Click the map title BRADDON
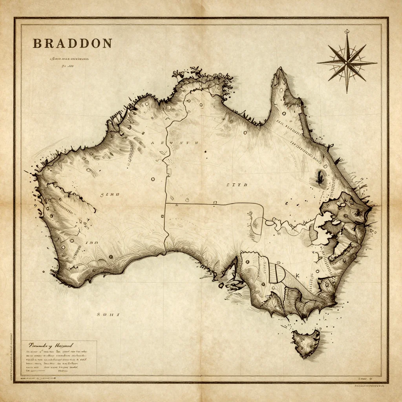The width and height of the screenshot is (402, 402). tap(72, 43)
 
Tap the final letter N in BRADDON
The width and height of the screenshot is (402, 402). tap(107, 43)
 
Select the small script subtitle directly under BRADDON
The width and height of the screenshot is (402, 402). tap(69, 58)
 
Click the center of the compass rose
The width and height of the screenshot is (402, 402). tap(346, 62)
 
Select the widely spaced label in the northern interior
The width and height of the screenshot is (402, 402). tap(175, 143)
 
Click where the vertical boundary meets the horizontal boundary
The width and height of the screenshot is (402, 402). tap(165, 203)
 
